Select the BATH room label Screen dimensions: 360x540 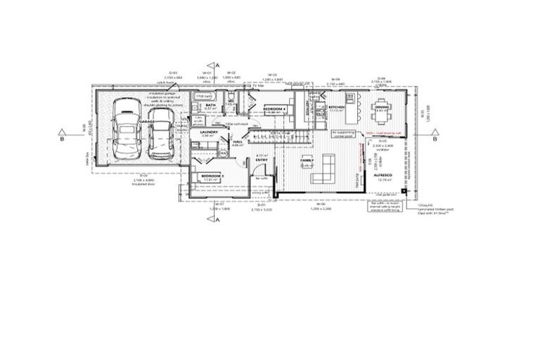pos(210,105)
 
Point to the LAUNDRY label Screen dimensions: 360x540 pos(210,132)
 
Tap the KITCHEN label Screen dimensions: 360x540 pos(335,107)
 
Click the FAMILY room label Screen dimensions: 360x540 pos(307,161)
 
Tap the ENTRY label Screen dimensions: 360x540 pos(259,160)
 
